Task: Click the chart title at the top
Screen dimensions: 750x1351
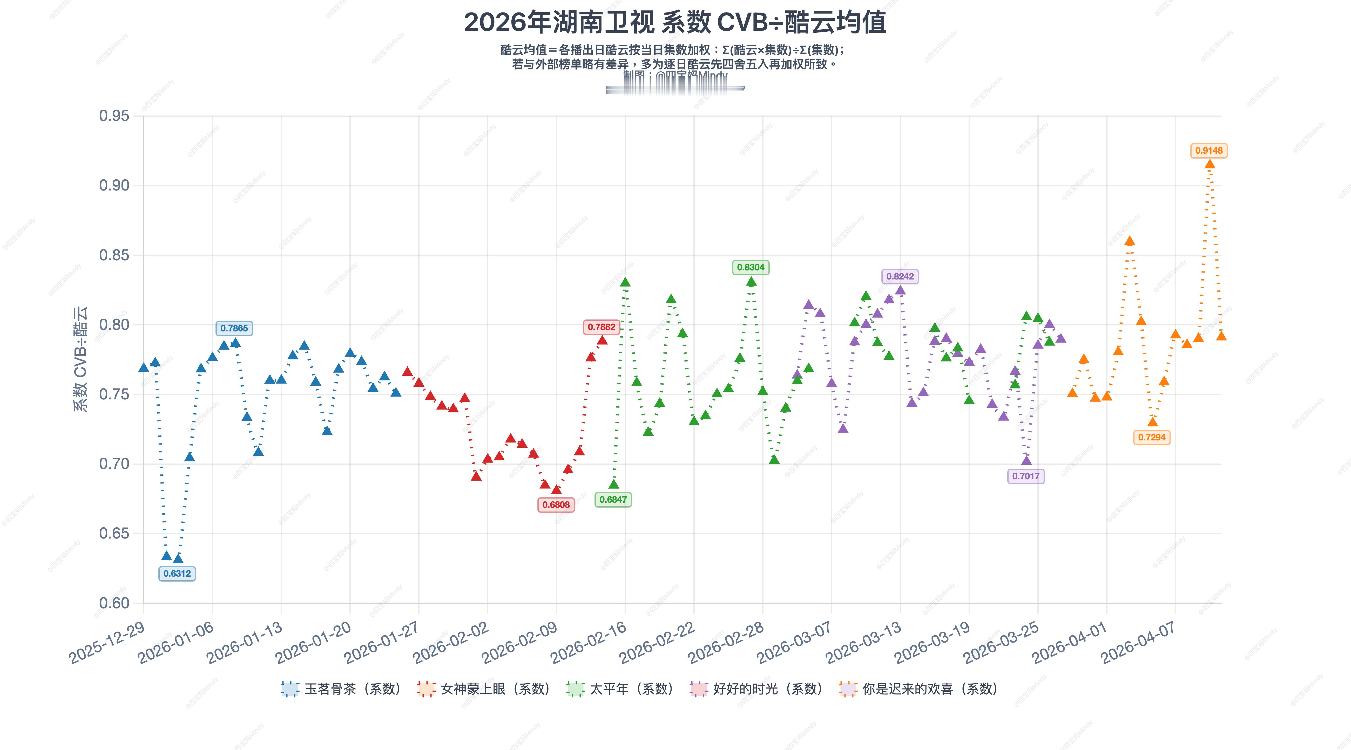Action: point(675,23)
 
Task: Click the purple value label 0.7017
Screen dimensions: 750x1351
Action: point(1026,476)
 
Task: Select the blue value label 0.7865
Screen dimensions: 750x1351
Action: point(234,329)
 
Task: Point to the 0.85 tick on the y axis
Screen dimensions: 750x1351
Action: point(114,255)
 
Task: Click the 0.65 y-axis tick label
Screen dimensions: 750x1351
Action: point(114,534)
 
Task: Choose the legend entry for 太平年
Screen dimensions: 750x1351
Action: point(620,689)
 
